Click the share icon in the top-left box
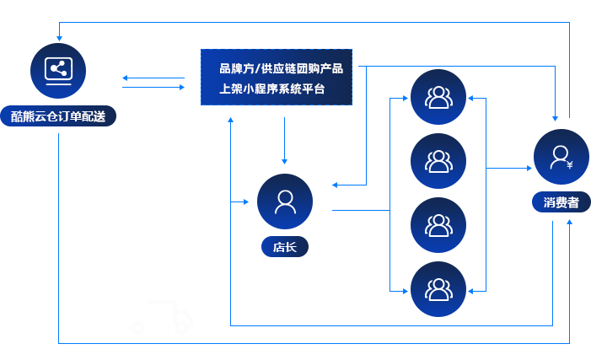pyautogui.click(x=58, y=70)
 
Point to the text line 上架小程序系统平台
pyautogui.click(x=271, y=88)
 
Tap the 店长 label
pyautogui.click(x=284, y=247)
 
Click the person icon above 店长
pyautogui.click(x=284, y=201)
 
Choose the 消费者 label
pyautogui.click(x=561, y=202)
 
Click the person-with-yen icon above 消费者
pyautogui.click(x=561, y=156)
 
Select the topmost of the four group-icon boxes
pyautogui.click(x=438, y=98)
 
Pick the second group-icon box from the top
pyautogui.click(x=438, y=160)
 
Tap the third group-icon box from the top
pyautogui.click(x=438, y=224)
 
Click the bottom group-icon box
pyautogui.click(x=438, y=288)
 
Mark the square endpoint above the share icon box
pyautogui.click(x=59, y=38)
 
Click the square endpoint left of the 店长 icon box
pyautogui.click(x=247, y=201)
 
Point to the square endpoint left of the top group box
pyautogui.click(x=406, y=99)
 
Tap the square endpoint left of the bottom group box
pyautogui.click(x=406, y=291)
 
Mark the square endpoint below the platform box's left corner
pyautogui.click(x=229, y=120)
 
